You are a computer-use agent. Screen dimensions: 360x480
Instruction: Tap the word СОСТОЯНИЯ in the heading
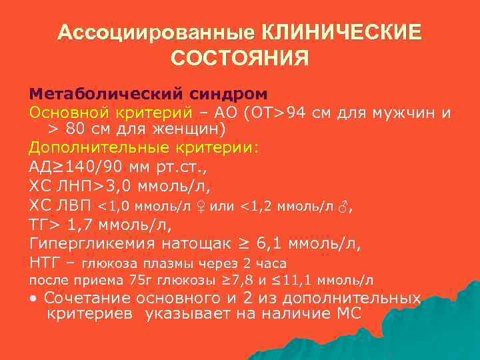[240, 59]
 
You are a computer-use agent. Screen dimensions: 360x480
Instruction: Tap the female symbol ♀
[198, 206]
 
